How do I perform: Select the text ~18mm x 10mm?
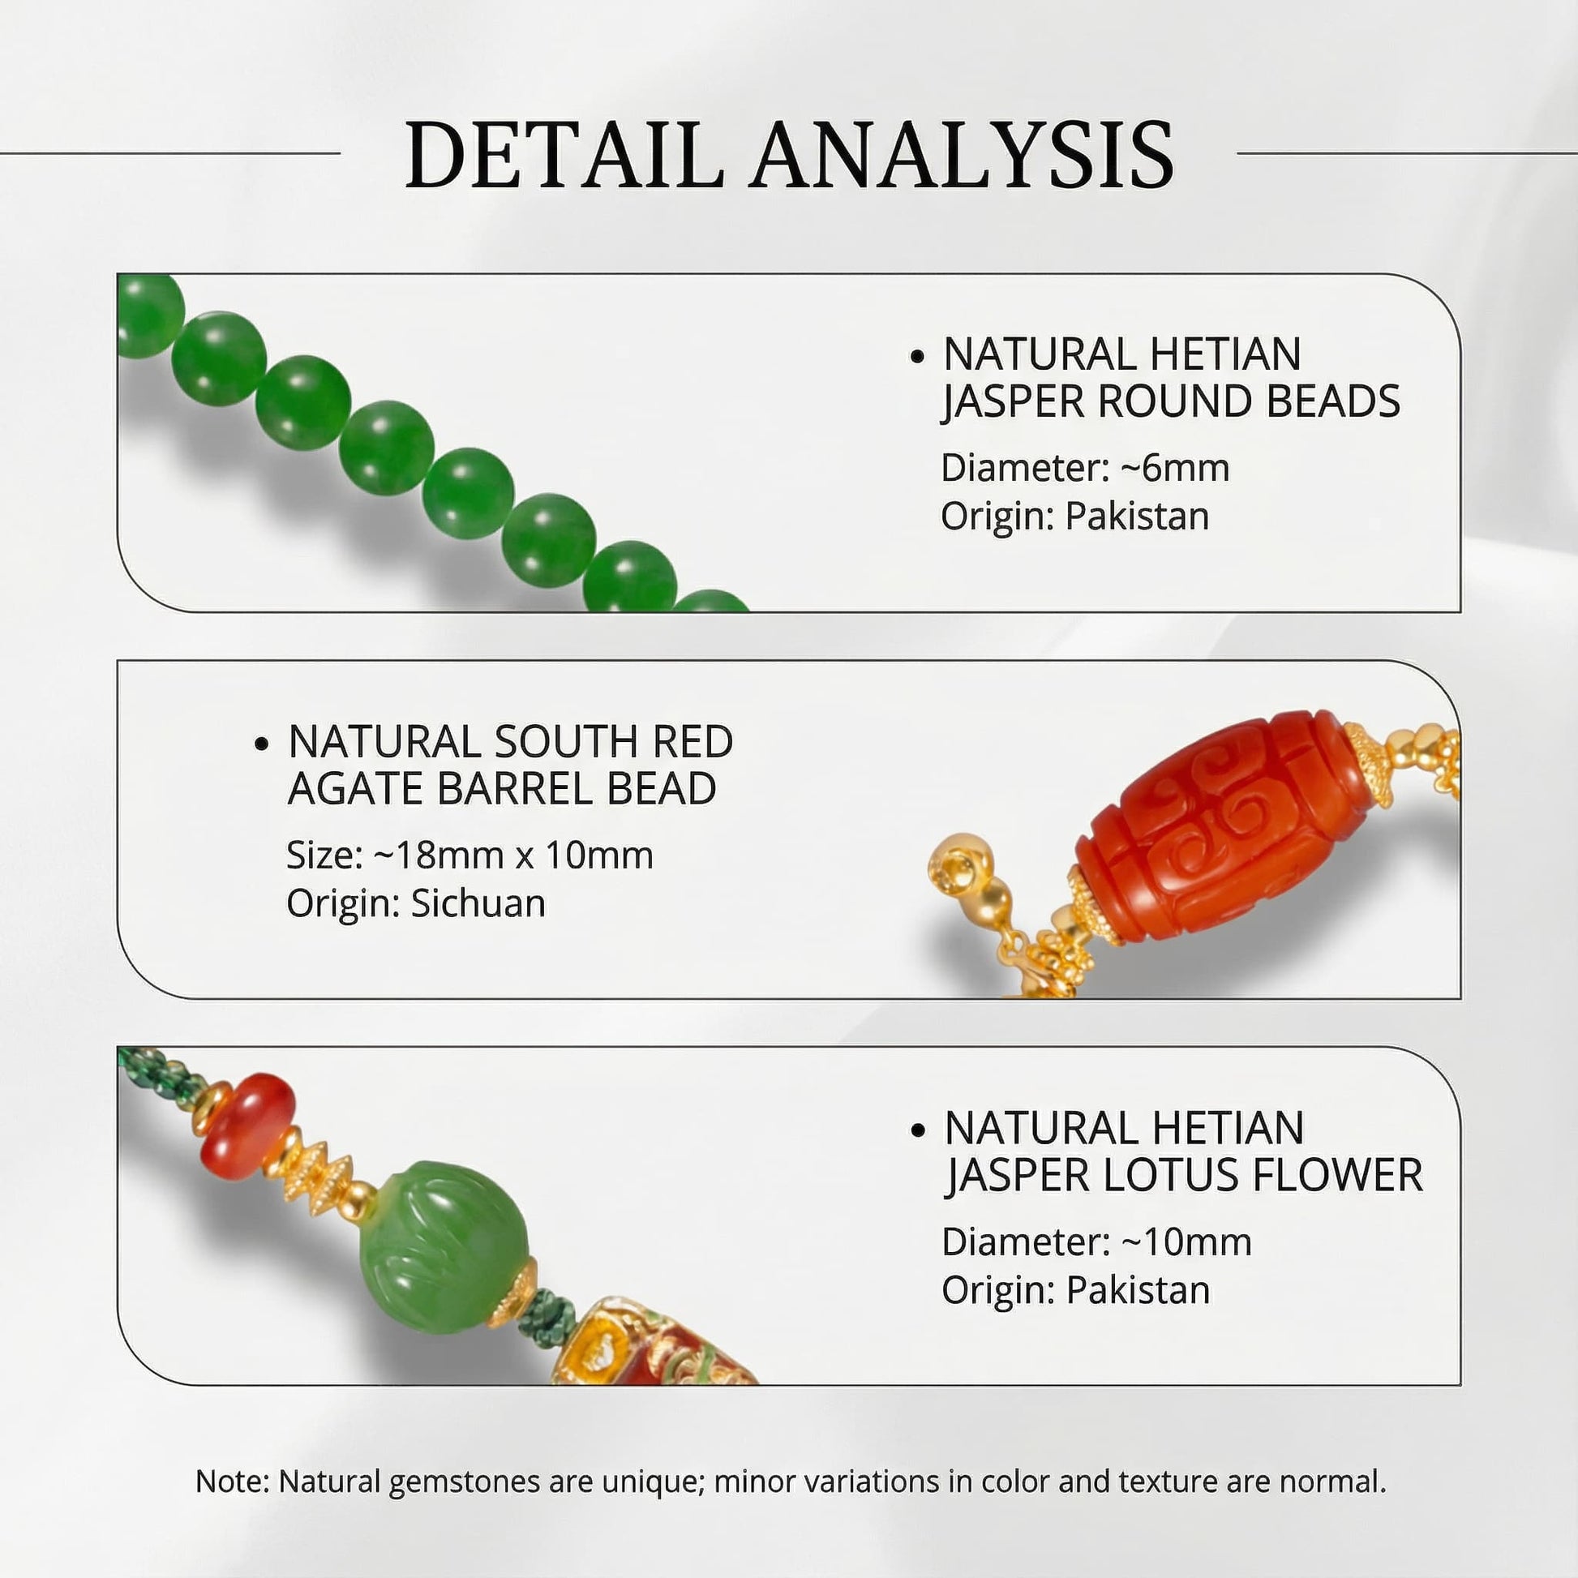(513, 855)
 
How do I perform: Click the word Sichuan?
(478, 903)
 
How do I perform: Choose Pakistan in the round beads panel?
(1137, 517)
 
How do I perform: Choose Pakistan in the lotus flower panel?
(1137, 1290)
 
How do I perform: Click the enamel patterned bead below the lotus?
(645, 1348)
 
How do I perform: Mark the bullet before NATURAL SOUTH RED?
(261, 744)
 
